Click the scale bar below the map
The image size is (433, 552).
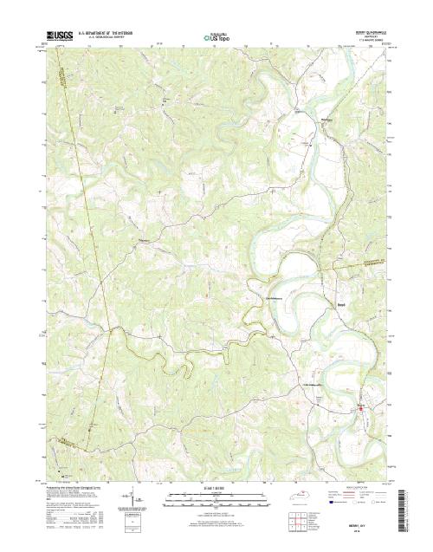[x=216, y=498]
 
